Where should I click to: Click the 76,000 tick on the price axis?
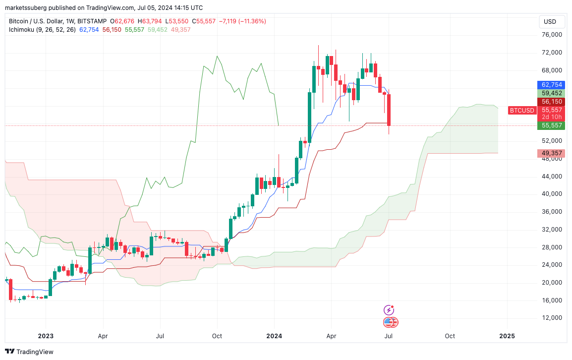(x=552, y=35)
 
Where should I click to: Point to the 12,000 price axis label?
(x=552, y=318)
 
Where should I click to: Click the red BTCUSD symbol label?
(x=522, y=110)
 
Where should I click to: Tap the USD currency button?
(x=550, y=22)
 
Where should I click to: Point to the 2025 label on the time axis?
(x=507, y=336)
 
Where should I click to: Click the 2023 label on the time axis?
(x=46, y=336)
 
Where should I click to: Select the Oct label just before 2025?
(x=450, y=336)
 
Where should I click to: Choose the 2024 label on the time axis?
(x=275, y=336)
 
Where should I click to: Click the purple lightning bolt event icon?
(x=390, y=310)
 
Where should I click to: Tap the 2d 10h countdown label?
(x=551, y=117)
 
